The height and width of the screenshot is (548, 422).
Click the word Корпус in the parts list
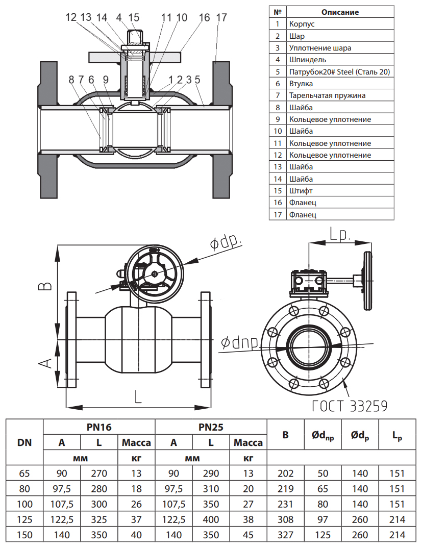click(x=302, y=24)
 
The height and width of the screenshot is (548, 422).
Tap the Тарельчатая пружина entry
click(x=327, y=95)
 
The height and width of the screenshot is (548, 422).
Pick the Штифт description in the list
click(x=301, y=191)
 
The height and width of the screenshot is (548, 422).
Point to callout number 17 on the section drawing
click(x=221, y=17)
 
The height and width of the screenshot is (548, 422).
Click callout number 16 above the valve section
click(x=204, y=17)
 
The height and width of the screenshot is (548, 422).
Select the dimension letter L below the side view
click(x=138, y=396)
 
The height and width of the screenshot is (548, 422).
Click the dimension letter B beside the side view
click(x=46, y=285)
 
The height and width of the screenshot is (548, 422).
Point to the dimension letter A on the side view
click(x=46, y=363)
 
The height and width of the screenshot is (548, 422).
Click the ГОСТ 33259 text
click(x=350, y=406)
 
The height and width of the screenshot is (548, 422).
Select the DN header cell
click(x=24, y=442)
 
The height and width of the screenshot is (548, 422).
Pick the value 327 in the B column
click(x=285, y=535)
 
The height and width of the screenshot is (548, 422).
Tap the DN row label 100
click(x=24, y=505)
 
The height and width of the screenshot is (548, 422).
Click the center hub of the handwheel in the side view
click(x=154, y=274)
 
